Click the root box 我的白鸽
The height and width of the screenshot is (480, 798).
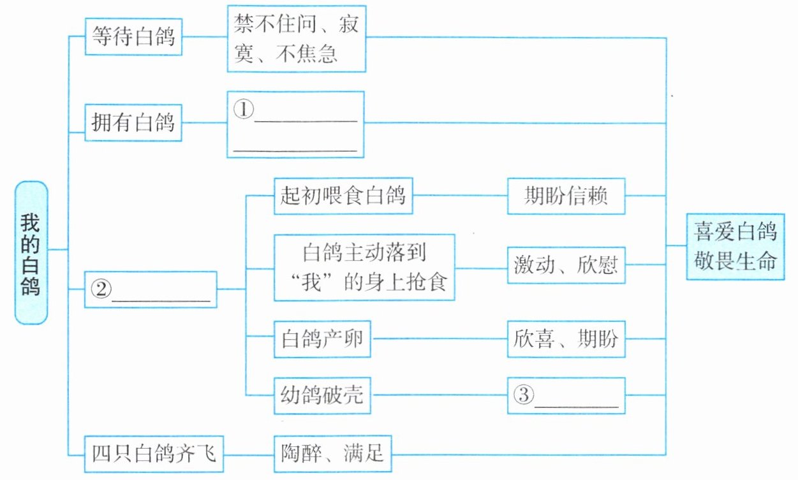coord(31,252)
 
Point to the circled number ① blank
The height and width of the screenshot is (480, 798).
coord(295,124)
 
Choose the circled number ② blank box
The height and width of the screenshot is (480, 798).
coord(151,290)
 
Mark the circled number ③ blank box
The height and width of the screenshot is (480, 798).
coord(566,396)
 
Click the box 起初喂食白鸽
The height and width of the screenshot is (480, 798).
coord(343,195)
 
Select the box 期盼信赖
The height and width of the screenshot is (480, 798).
coord(566,196)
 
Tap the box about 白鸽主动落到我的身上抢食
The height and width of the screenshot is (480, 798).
coord(364,267)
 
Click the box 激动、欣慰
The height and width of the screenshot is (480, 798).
coord(566,265)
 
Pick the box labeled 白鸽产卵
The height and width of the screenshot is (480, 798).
coord(322,338)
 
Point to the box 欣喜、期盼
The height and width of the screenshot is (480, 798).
coord(566,338)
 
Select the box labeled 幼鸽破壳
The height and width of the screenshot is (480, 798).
coord(322,395)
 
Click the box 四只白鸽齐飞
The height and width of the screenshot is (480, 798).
coord(155,454)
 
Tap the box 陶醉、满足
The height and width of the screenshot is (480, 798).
coord(332,454)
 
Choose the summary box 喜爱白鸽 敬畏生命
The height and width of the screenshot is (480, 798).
coord(735,246)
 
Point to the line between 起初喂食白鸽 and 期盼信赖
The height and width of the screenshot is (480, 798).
coord(459,195)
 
